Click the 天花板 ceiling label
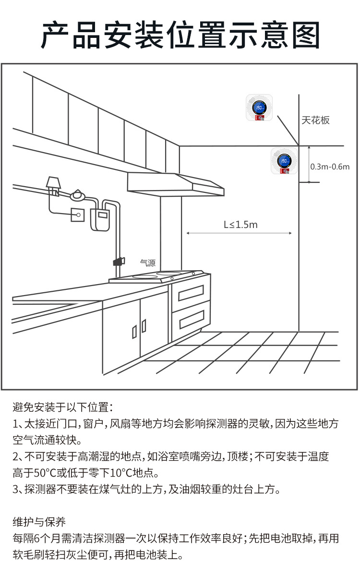coord(315,120)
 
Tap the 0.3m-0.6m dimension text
coord(330,167)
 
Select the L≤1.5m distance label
coord(240,225)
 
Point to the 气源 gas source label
coord(147,263)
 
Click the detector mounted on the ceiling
coord(259,108)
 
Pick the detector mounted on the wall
coord(284,161)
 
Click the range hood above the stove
coord(176,184)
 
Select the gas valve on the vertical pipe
coord(118,261)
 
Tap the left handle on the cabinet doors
coord(134,331)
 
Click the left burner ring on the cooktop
coord(145,277)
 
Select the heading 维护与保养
coord(39,522)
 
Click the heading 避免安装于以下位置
coord(62,408)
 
